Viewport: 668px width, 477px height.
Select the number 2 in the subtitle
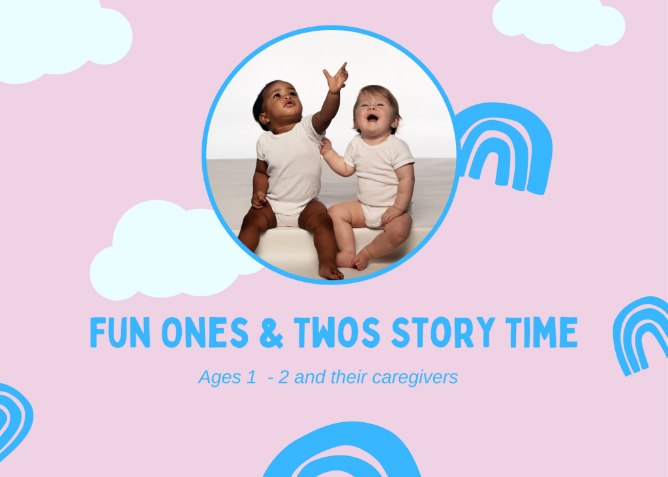283,378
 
